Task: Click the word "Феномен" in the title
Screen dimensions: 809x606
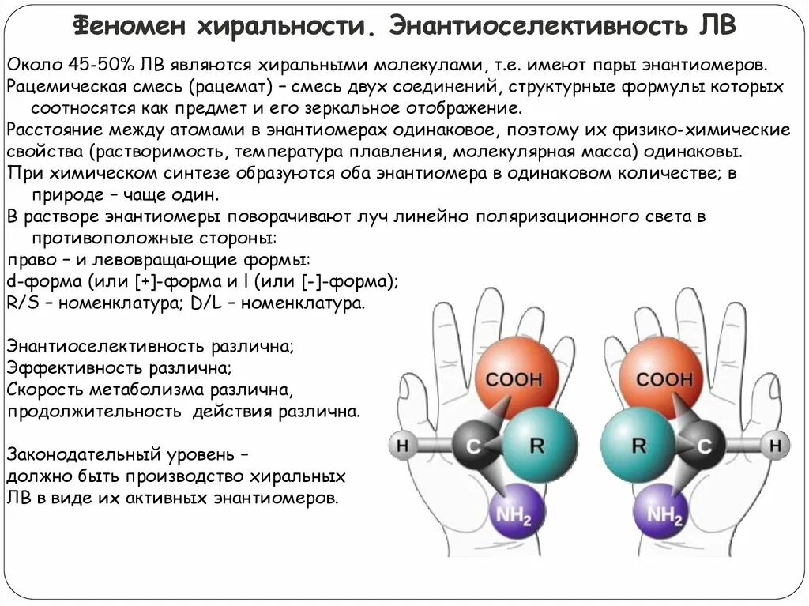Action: click(x=130, y=26)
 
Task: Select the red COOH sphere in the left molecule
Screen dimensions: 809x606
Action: click(x=514, y=377)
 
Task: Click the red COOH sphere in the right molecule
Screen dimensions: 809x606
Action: click(x=662, y=377)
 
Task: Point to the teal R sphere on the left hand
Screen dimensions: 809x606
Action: click(x=538, y=445)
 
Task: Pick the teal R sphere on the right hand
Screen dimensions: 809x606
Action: click(x=638, y=445)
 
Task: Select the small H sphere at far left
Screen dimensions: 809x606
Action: click(x=402, y=446)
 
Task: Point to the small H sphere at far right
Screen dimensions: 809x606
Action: click(x=776, y=446)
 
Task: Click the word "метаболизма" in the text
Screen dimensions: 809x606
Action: click(x=136, y=390)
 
